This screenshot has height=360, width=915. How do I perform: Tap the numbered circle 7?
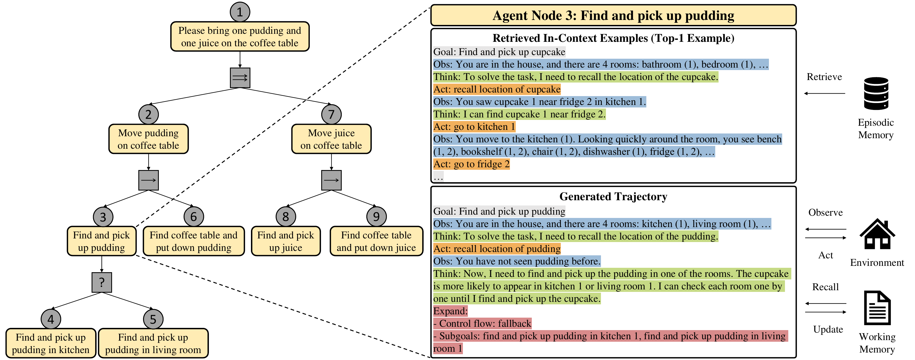331,114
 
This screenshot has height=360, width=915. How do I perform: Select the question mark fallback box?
102,282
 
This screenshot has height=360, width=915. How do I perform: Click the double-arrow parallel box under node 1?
240,78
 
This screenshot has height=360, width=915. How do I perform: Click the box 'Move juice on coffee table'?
331,139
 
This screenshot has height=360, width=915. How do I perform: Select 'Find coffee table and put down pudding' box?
194,241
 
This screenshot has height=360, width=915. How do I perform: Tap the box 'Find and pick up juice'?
286,241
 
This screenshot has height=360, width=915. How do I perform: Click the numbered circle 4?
51,319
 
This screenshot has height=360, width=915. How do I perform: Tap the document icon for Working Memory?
877,308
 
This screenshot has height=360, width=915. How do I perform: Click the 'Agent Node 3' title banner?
613,16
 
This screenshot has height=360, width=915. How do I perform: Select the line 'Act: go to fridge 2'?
471,164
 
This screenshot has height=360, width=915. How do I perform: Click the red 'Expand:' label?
450,311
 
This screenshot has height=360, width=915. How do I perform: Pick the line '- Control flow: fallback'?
482,323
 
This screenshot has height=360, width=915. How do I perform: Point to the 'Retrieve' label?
824,77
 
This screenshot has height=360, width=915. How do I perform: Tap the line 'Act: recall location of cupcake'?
497,89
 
